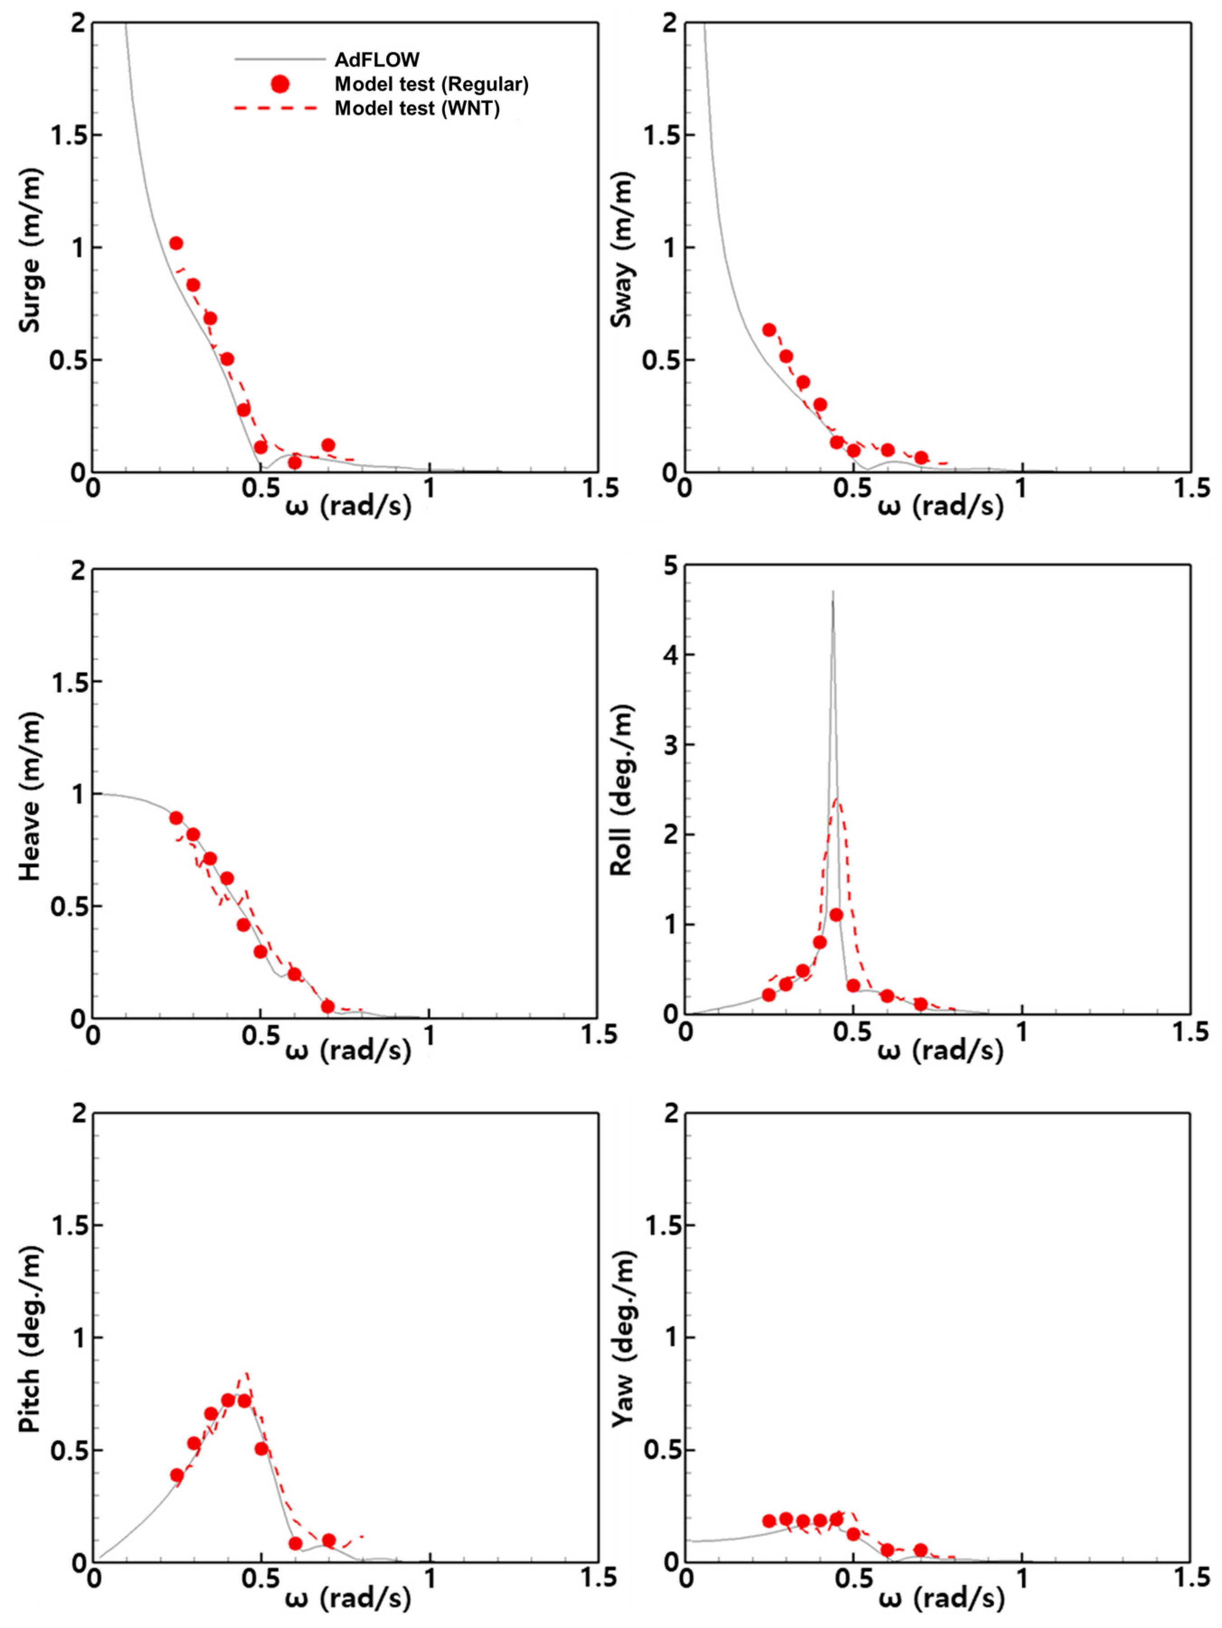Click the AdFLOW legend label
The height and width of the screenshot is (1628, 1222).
(x=377, y=60)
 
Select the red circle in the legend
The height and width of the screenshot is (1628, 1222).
(x=280, y=84)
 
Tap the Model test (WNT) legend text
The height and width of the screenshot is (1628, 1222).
(x=417, y=109)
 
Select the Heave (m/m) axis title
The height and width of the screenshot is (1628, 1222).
(x=31, y=796)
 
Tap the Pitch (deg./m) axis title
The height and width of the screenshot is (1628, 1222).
(x=31, y=1339)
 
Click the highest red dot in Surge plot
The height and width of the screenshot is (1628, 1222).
(x=176, y=243)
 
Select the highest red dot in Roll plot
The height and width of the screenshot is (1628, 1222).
(x=836, y=915)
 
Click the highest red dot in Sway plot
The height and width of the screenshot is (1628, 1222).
(x=769, y=330)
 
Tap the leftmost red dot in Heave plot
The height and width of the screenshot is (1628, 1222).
(x=176, y=818)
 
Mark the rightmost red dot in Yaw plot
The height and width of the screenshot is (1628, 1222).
(x=920, y=1550)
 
